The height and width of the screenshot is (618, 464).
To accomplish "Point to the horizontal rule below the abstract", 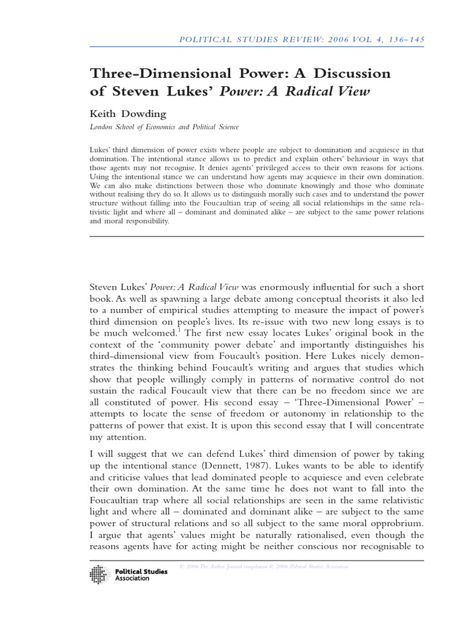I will click(x=257, y=237).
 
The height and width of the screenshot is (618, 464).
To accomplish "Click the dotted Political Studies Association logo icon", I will click(x=100, y=575).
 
